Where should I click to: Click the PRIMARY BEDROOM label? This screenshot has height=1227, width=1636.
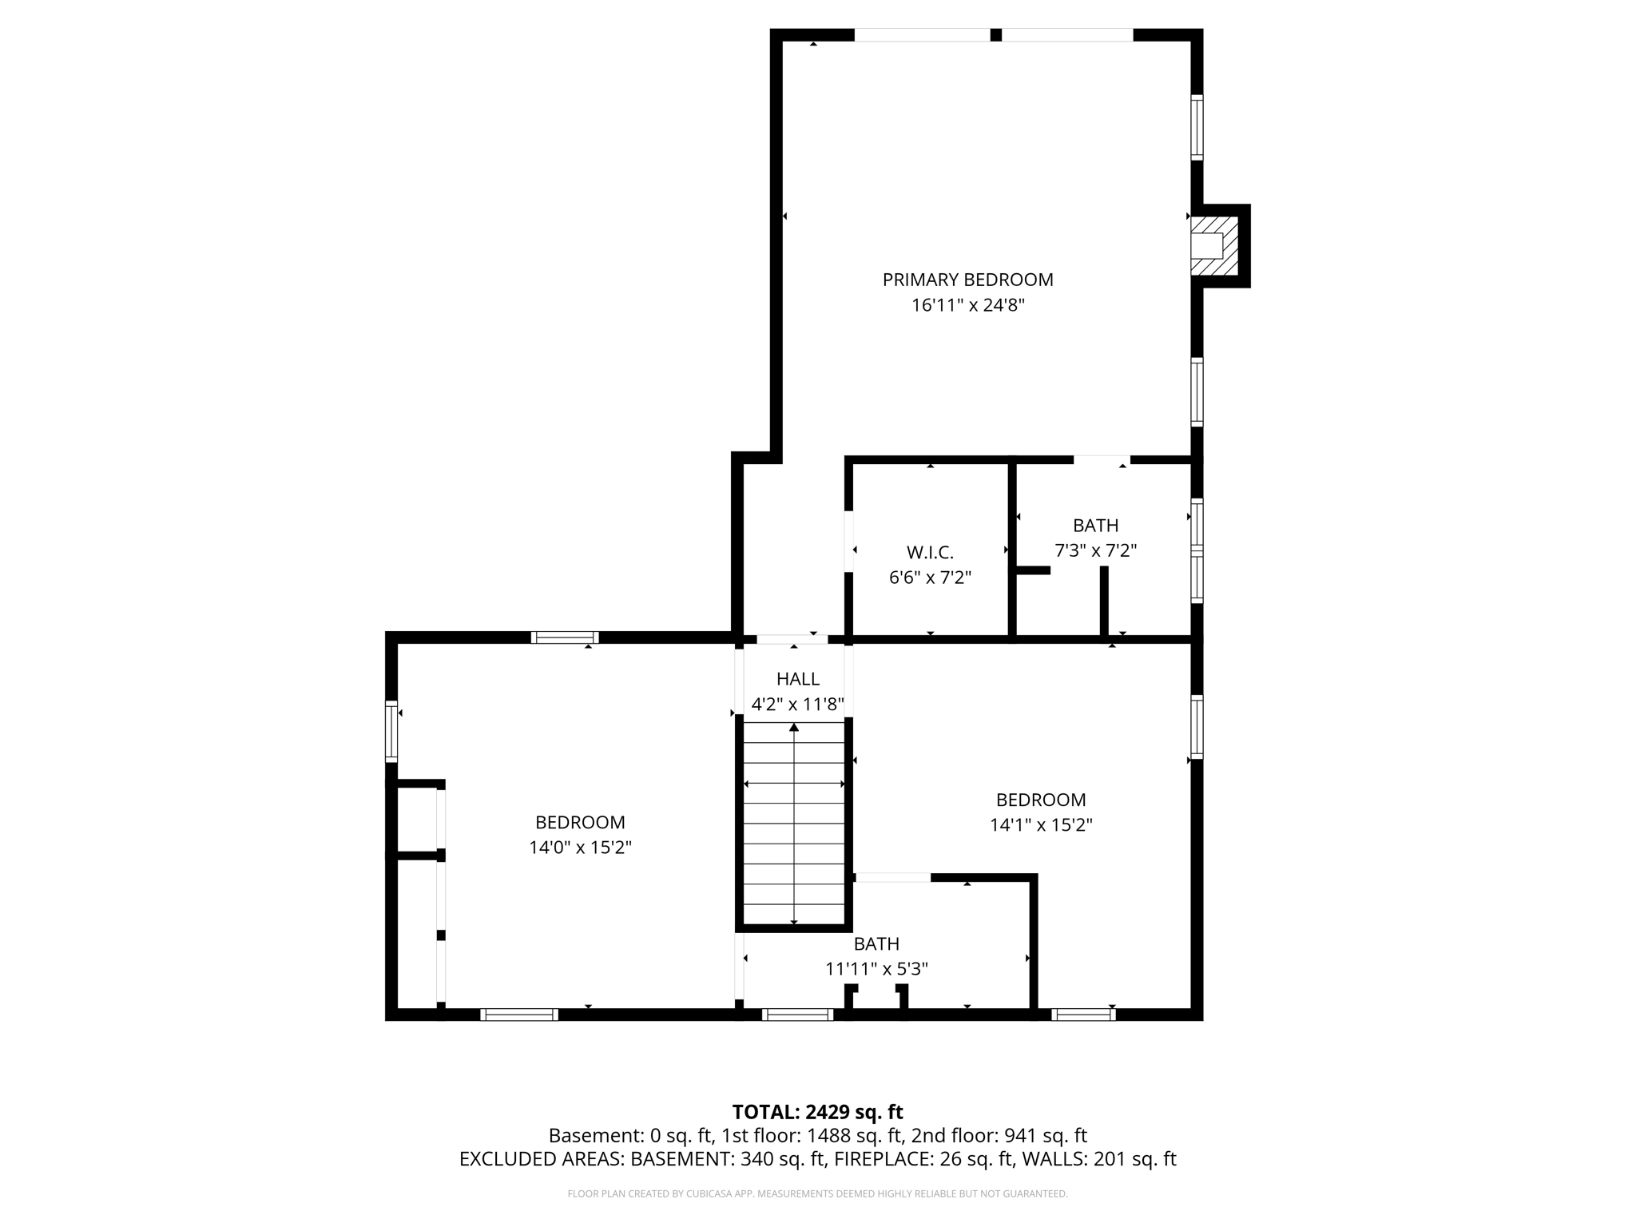pos(967,280)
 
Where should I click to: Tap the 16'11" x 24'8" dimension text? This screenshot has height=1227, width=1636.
pos(967,305)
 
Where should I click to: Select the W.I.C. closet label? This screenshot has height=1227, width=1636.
pos(930,552)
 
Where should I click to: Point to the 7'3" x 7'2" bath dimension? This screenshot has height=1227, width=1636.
pos(1095,550)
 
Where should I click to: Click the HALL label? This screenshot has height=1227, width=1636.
pos(797,679)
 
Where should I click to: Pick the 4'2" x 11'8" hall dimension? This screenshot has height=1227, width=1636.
pos(797,705)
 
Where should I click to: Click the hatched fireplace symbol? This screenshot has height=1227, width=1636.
pos(1214,246)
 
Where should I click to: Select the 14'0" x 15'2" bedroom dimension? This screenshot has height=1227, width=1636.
pos(580,848)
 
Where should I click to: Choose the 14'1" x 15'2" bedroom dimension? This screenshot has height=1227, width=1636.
pos(1041,825)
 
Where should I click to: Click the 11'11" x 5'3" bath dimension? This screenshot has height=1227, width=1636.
pos(876,969)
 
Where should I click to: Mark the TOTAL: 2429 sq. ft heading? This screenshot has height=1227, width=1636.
pos(817,1112)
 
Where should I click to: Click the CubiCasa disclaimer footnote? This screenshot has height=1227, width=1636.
pos(817,1194)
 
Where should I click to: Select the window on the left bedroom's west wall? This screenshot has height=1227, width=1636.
pos(391,731)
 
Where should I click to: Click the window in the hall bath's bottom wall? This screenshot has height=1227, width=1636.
pos(797,1015)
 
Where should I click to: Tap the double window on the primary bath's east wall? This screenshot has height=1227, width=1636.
pos(1197,550)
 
